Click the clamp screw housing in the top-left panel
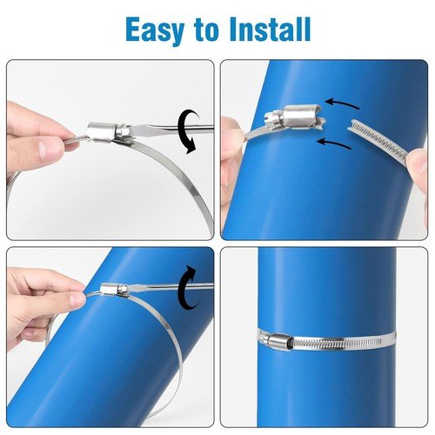click(104, 131)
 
